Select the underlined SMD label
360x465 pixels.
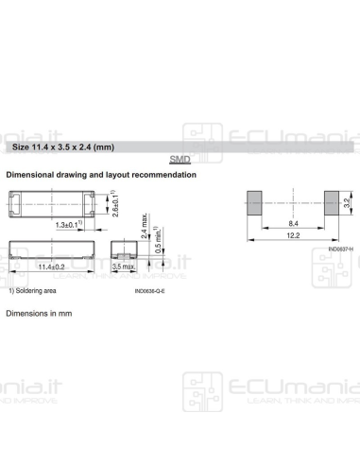[x=180, y=161]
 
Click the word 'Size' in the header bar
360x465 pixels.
[x=21, y=147]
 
